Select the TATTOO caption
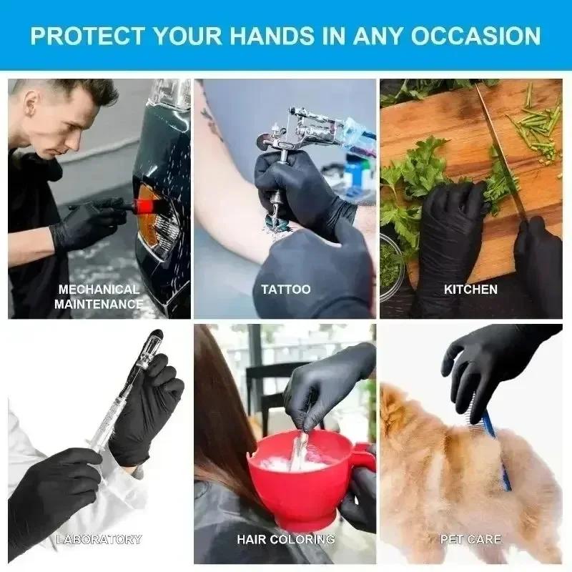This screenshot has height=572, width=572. pyautogui.click(x=286, y=290)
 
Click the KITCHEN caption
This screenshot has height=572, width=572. pyautogui.click(x=470, y=290)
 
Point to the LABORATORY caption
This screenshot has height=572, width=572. pyautogui.click(x=99, y=539)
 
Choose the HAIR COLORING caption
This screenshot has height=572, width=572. pyautogui.click(x=285, y=539)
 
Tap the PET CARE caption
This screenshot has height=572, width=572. pyautogui.click(x=470, y=539)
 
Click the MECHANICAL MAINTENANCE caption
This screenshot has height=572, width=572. pyautogui.click(x=99, y=297)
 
